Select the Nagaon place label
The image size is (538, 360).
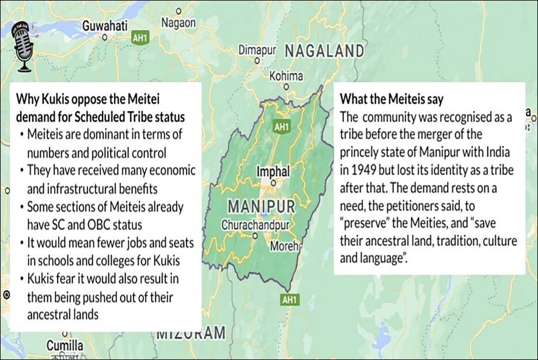pos(178,22)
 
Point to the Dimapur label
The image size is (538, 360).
pos(257,50)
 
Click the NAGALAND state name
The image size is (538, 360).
pos(324,51)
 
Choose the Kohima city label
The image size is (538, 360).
pos(286,76)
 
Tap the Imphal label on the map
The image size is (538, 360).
pos(273,171)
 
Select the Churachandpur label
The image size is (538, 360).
pos(255,225)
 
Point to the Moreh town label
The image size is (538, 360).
pos(285,247)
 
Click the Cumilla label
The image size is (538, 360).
pos(65,346)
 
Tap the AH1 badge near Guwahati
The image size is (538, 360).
pos(140,38)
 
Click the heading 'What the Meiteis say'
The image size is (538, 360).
pos(392,99)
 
